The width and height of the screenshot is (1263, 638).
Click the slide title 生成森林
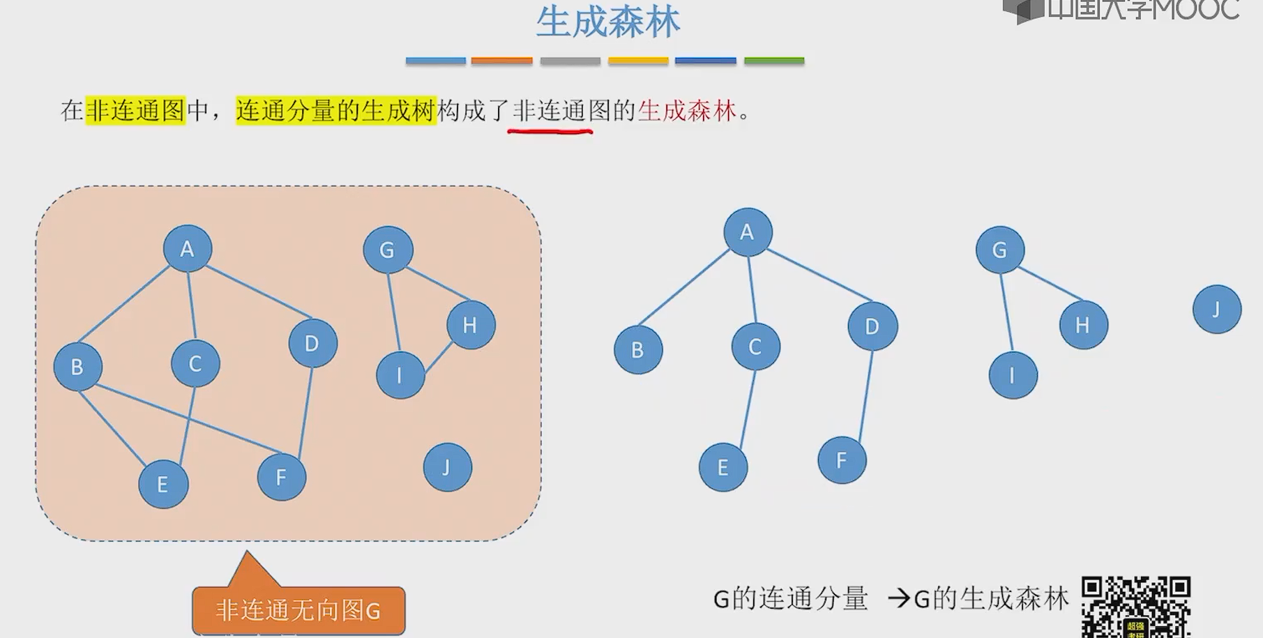click(x=607, y=22)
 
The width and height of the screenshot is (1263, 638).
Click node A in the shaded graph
click(x=187, y=249)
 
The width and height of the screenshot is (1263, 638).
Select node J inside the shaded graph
click(x=447, y=467)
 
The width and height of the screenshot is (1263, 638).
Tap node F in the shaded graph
click(x=281, y=477)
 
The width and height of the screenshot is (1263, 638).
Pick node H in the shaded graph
click(x=471, y=325)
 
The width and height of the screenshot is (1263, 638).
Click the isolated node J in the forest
click(x=1216, y=309)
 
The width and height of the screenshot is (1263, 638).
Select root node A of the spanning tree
click(x=748, y=232)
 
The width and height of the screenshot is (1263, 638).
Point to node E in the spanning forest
click(x=723, y=467)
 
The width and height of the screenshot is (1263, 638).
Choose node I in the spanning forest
click(x=1013, y=375)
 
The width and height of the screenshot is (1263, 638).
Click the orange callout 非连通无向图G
click(x=298, y=611)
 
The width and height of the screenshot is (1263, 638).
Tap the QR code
click(x=1135, y=605)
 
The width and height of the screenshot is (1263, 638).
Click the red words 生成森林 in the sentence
click(x=687, y=111)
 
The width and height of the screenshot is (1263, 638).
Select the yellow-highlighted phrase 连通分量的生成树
click(x=335, y=111)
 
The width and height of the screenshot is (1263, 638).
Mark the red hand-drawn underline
click(x=550, y=130)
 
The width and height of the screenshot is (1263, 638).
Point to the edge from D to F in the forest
click(x=865, y=396)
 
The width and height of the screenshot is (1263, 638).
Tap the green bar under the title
click(x=774, y=61)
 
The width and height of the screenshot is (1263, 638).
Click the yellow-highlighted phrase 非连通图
click(x=135, y=111)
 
